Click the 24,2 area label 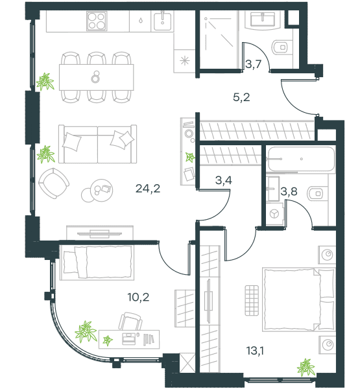pos(148,189)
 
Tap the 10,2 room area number pos(138,297)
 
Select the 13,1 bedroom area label pos(255,351)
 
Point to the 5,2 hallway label pos(241,97)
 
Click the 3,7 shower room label pos(253,64)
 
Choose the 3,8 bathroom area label pos(289,191)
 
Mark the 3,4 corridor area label pos(223,180)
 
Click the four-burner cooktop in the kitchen pos(97,21)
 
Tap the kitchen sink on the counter pos(162,21)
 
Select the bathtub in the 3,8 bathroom pos(301,159)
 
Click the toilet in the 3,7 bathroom pos(280,47)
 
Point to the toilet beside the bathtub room pos(315,193)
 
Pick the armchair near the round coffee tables pos(54,183)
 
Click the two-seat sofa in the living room pos(97,144)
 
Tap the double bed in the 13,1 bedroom pos(298,300)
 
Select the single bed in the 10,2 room pos(97,263)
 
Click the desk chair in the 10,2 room pos(130,322)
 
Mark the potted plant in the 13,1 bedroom pos(306,367)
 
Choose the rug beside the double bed pos(252,300)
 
